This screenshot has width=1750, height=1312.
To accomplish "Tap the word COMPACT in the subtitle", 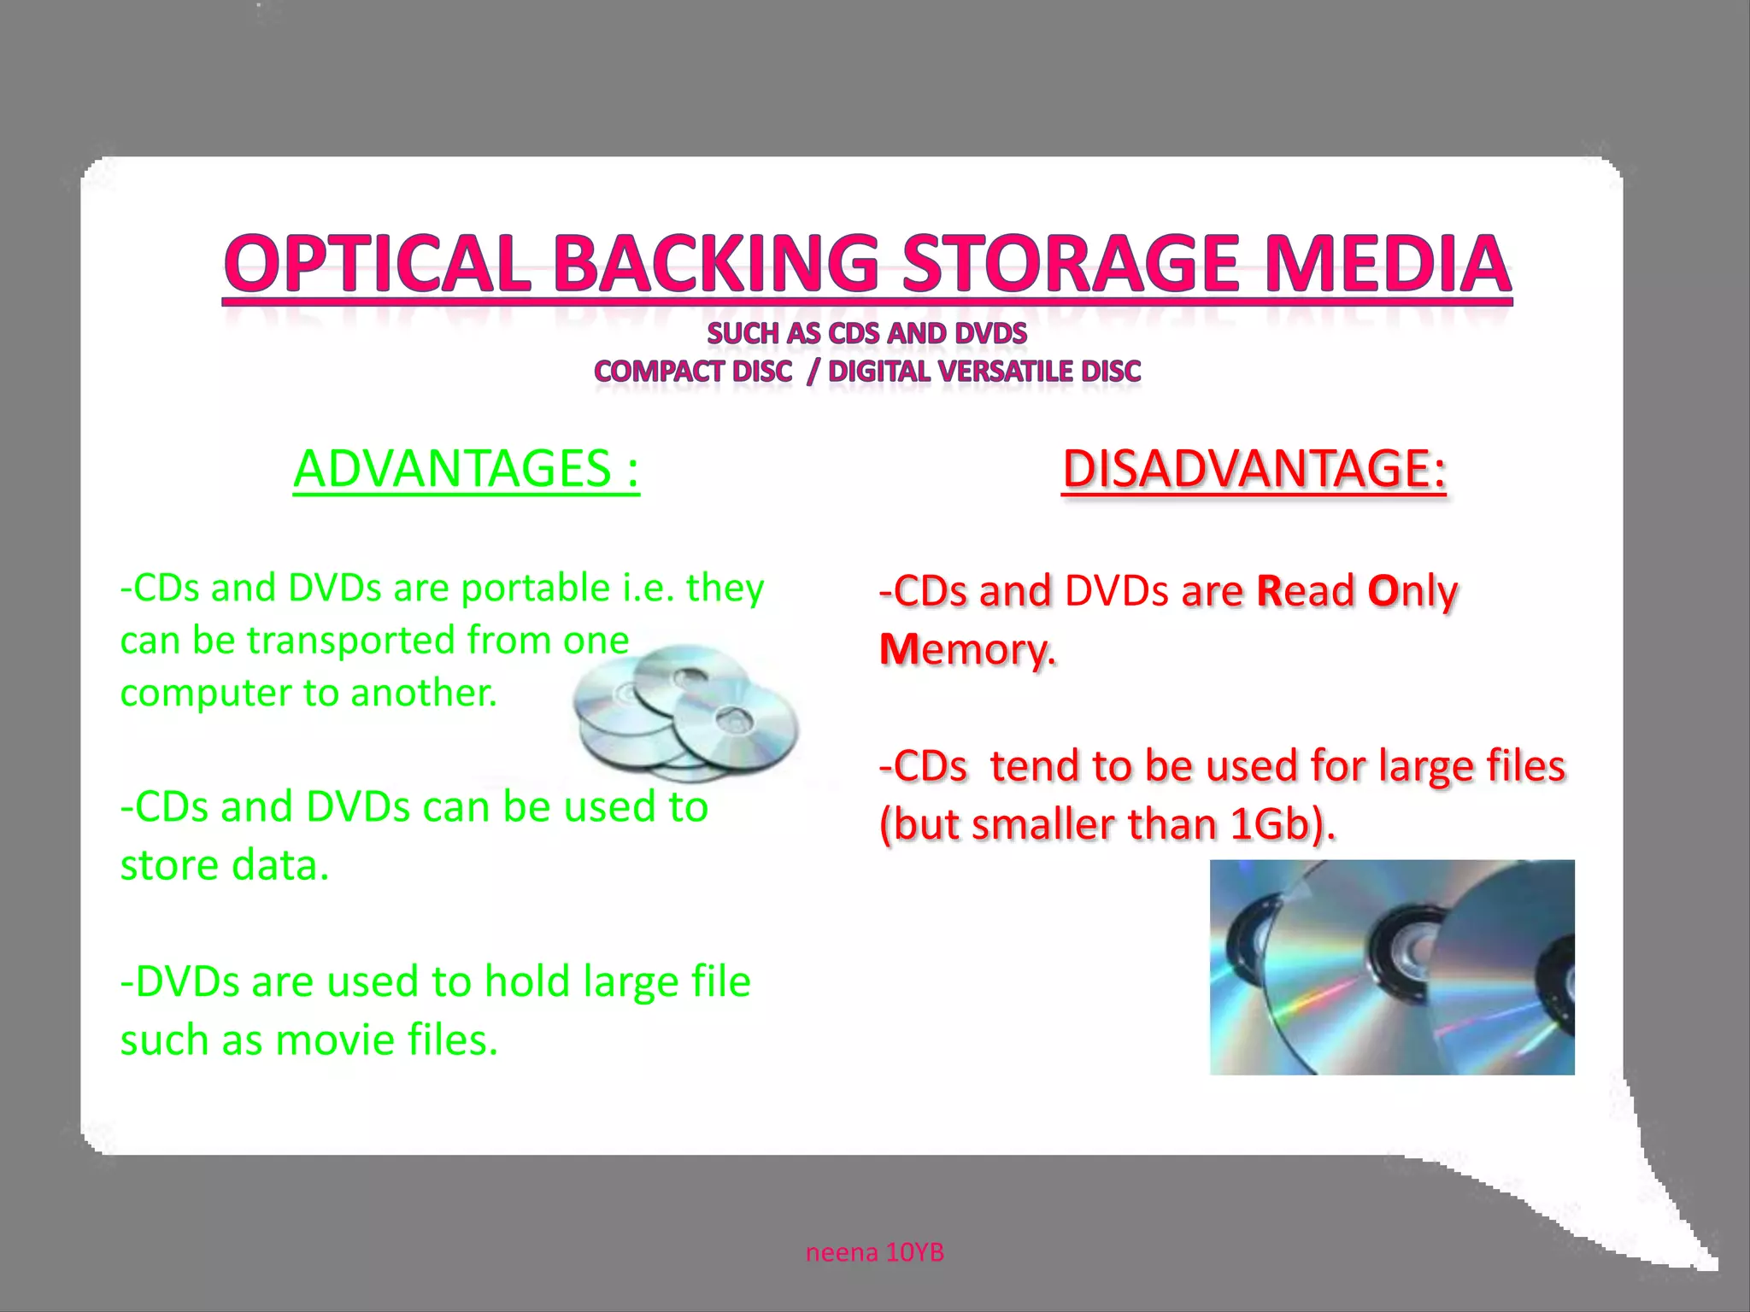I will point(658,372).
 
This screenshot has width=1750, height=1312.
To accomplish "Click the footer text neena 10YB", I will point(875,1252).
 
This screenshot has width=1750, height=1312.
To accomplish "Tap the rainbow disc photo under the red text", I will point(1392,967).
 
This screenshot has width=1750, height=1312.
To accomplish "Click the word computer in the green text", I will point(206,693).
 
